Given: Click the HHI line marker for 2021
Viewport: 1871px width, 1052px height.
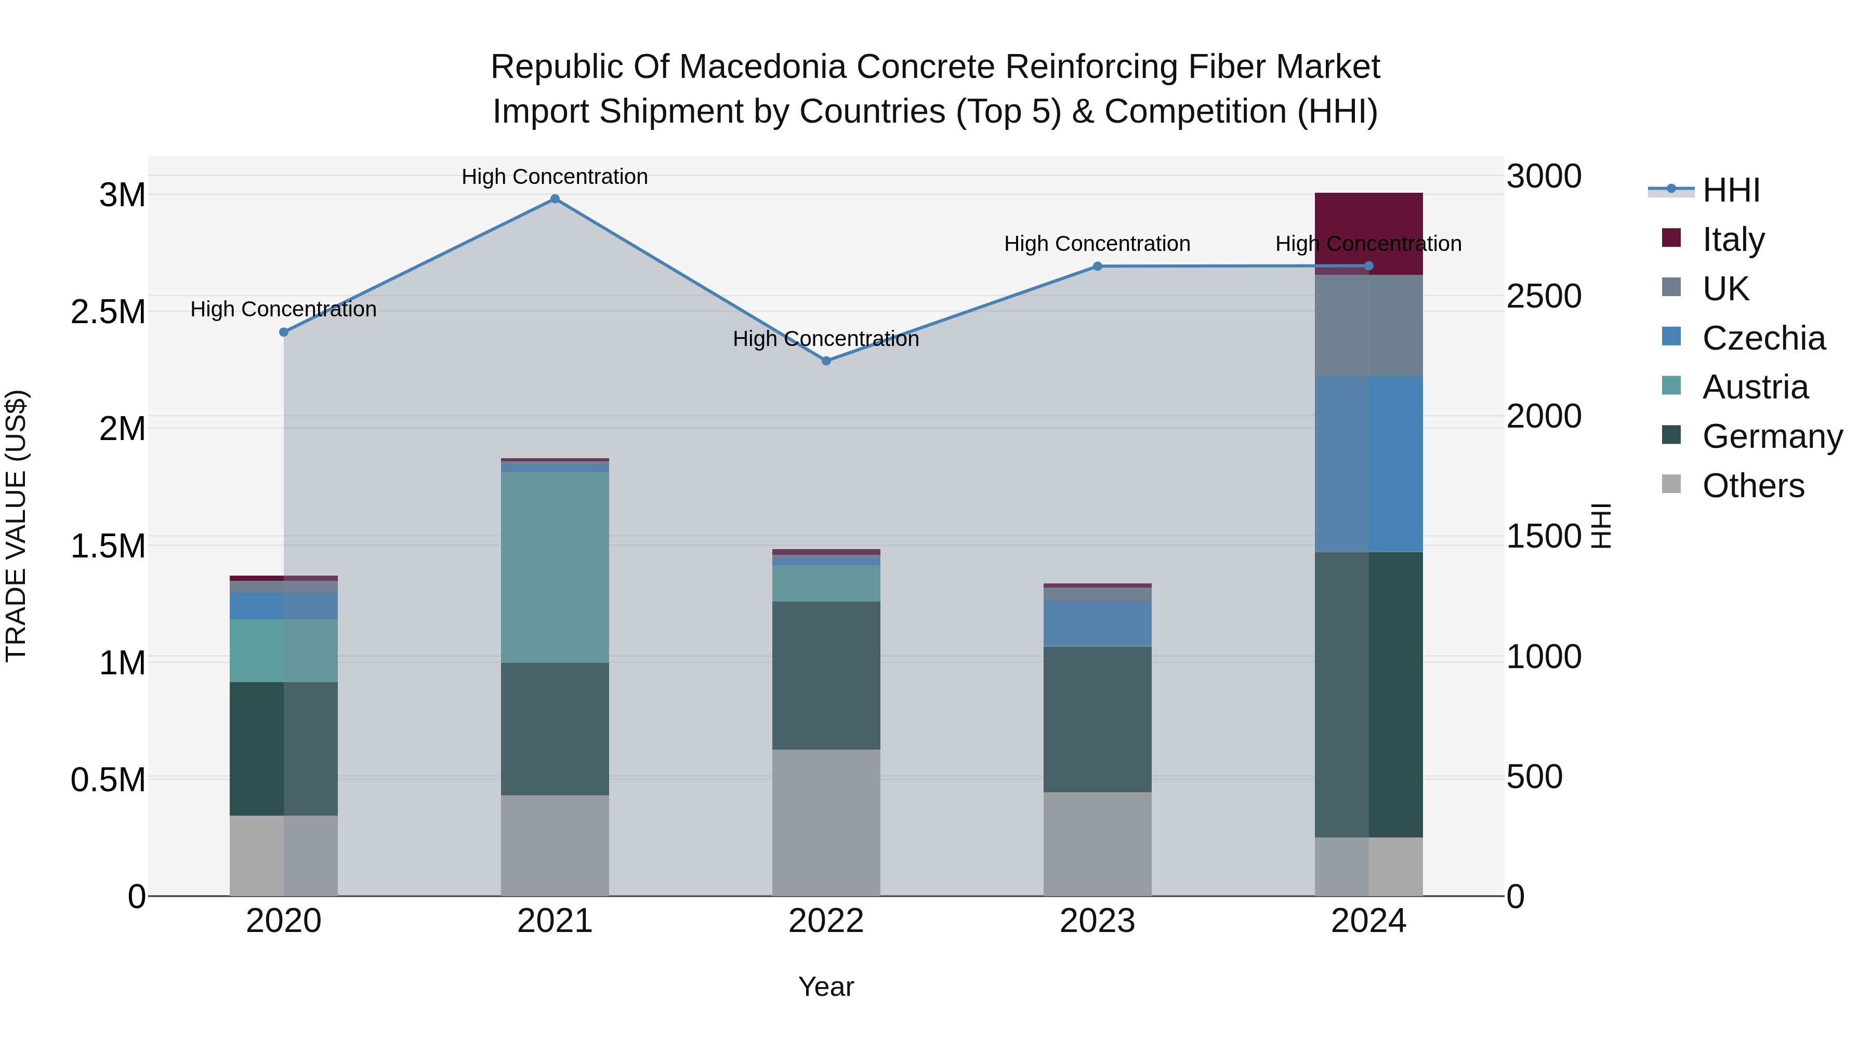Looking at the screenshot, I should pyautogui.click(x=555, y=199).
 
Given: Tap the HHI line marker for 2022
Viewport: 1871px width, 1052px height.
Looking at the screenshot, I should pyautogui.click(x=826, y=361).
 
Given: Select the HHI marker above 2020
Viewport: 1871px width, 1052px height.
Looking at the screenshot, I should pyautogui.click(x=284, y=332).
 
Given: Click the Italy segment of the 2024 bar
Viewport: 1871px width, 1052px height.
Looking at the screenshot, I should pyautogui.click(x=1368, y=218).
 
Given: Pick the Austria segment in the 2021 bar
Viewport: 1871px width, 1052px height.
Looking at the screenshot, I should pyautogui.click(x=555, y=567).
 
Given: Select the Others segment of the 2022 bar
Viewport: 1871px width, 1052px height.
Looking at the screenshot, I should pyautogui.click(x=826, y=822).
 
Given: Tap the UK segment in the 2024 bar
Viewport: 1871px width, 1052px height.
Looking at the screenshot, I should pyautogui.click(x=1368, y=325).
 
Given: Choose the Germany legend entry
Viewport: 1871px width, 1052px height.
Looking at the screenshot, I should pyautogui.click(x=1772, y=436).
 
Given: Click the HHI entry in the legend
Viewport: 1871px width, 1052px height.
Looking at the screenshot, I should pyautogui.click(x=1730, y=190).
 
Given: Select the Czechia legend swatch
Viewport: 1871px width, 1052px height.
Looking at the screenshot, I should pyautogui.click(x=1671, y=337).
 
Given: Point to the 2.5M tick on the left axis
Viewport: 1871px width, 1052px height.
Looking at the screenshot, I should pyautogui.click(x=108, y=312).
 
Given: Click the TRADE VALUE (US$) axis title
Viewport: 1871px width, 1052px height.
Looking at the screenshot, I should pyautogui.click(x=17, y=526).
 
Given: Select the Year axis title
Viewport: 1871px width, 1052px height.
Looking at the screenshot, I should pyautogui.click(x=826, y=987).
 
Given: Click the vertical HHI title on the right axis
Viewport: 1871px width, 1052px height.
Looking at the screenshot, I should pyautogui.click(x=1600, y=526).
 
